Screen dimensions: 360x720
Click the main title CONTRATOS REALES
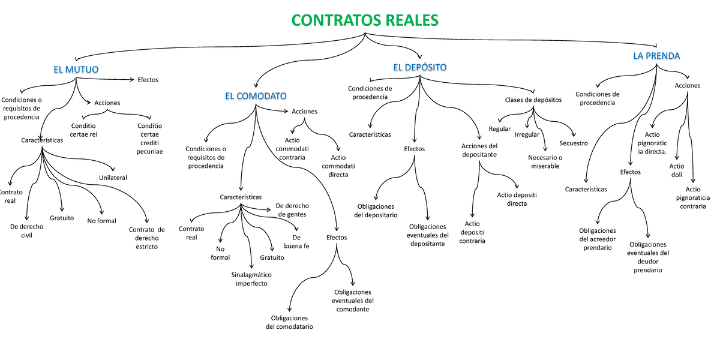(x=365, y=20)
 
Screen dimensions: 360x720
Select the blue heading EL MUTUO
(x=76, y=70)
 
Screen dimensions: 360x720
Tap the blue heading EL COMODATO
(x=256, y=96)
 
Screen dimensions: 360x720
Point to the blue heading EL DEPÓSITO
(x=419, y=67)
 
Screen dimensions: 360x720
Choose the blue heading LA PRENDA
(x=656, y=56)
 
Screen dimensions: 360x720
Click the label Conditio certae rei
(x=84, y=130)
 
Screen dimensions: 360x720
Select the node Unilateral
(x=113, y=178)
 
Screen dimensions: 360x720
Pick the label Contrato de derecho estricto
(x=146, y=238)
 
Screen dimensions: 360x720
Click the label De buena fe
(x=296, y=242)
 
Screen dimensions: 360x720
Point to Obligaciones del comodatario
(x=289, y=322)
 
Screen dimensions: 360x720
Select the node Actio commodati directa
(x=338, y=166)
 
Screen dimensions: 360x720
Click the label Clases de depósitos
(x=533, y=100)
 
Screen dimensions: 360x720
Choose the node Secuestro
(x=574, y=143)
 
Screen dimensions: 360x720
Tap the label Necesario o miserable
(x=545, y=161)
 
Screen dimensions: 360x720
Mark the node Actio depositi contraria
(x=472, y=232)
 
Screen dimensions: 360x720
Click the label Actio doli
(x=676, y=170)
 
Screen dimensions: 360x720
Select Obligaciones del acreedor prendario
(x=598, y=239)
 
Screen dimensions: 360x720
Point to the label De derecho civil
(x=26, y=231)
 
